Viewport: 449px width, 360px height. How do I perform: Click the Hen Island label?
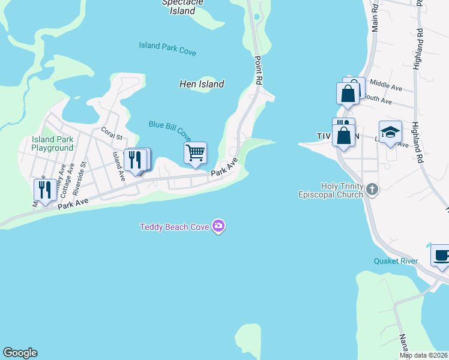pyautogui.click(x=202, y=84)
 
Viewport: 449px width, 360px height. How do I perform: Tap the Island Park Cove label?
pyautogui.click(x=167, y=49)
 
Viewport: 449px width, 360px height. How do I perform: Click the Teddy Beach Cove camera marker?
pyautogui.click(x=219, y=226)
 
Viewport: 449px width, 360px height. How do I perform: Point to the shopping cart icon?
pyautogui.click(x=195, y=153)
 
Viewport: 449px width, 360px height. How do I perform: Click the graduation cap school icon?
pyautogui.click(x=390, y=132)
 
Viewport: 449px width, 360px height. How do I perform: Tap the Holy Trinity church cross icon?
pyautogui.click(x=372, y=190)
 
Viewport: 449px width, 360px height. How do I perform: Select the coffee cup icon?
pyautogui.click(x=441, y=255)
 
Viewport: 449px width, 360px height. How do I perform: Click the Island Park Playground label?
pyautogui.click(x=53, y=143)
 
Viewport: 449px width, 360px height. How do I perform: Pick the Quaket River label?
pyautogui.click(x=396, y=261)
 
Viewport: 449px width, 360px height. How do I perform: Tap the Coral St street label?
pyautogui.click(x=112, y=132)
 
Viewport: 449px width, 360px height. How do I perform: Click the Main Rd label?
pyautogui.click(x=375, y=18)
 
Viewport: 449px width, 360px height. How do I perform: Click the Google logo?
pyautogui.click(x=20, y=353)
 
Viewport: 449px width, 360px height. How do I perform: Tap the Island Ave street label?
pyautogui.click(x=118, y=166)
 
